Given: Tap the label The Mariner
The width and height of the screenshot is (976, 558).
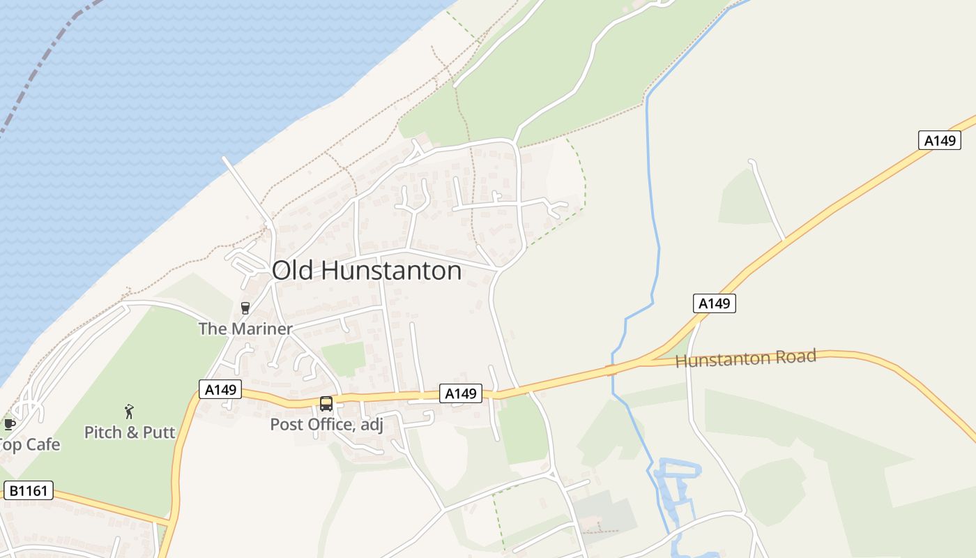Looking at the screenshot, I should pyautogui.click(x=245, y=329).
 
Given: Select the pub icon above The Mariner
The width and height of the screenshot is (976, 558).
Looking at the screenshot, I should pyautogui.click(x=245, y=308).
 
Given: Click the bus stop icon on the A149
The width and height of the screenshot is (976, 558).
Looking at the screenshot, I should pyautogui.click(x=326, y=404).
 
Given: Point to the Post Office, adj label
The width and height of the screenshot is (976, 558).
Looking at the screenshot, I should pyautogui.click(x=326, y=424).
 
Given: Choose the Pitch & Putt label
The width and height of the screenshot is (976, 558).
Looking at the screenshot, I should pyautogui.click(x=130, y=432).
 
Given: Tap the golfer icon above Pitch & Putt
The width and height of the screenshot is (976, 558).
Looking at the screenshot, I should pyautogui.click(x=129, y=412).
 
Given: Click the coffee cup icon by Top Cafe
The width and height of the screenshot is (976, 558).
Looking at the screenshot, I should pyautogui.click(x=9, y=424).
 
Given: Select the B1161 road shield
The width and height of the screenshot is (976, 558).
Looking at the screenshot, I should pyautogui.click(x=29, y=490).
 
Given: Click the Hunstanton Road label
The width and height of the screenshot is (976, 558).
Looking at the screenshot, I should pyautogui.click(x=745, y=359).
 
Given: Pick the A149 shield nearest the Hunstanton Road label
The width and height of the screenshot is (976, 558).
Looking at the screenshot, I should pyautogui.click(x=715, y=303).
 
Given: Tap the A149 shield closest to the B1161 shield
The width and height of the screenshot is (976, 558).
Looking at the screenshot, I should pyautogui.click(x=220, y=389).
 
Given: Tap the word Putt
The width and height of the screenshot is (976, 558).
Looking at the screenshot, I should pyautogui.click(x=160, y=432).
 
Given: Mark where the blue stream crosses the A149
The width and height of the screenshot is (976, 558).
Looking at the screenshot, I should pyautogui.click(x=611, y=370).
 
